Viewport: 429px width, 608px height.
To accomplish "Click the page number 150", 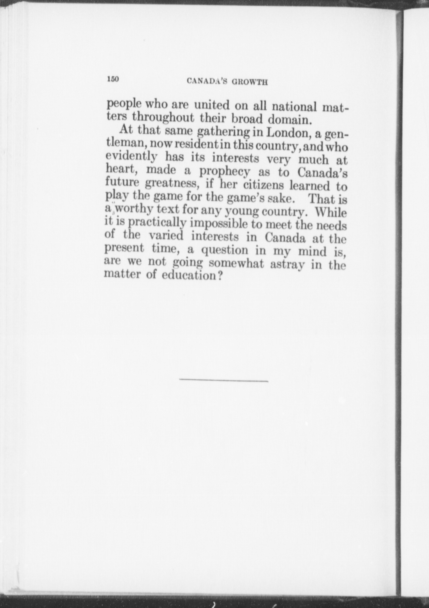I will point(113,79).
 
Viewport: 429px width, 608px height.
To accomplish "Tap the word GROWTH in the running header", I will point(250,82).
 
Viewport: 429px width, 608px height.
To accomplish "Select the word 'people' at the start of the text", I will point(124,104).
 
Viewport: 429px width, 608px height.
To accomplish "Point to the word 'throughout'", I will point(163,117).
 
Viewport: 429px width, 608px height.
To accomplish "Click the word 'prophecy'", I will point(224,172).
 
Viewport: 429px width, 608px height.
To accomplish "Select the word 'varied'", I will point(166,235).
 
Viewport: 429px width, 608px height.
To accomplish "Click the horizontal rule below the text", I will point(224,381).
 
